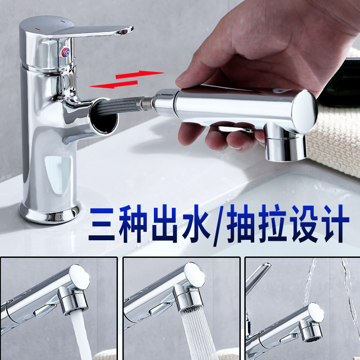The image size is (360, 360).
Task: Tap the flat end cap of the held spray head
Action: click(305, 110)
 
